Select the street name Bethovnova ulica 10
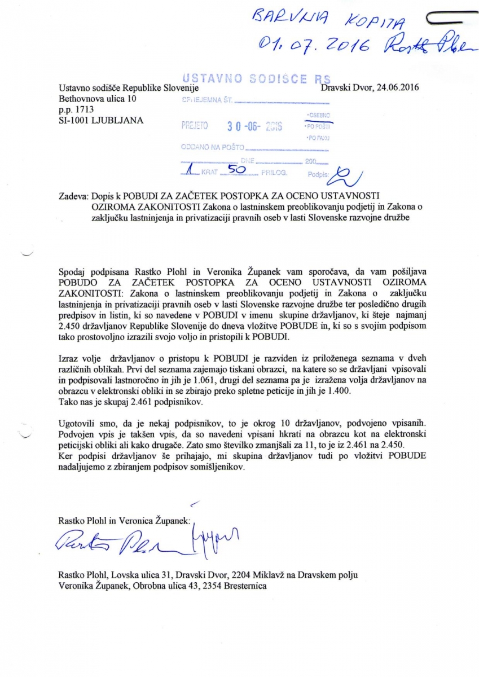(x=97, y=99)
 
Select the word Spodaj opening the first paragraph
(x=72, y=271)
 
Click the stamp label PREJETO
(x=195, y=126)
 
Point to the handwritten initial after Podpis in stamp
(x=345, y=175)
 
